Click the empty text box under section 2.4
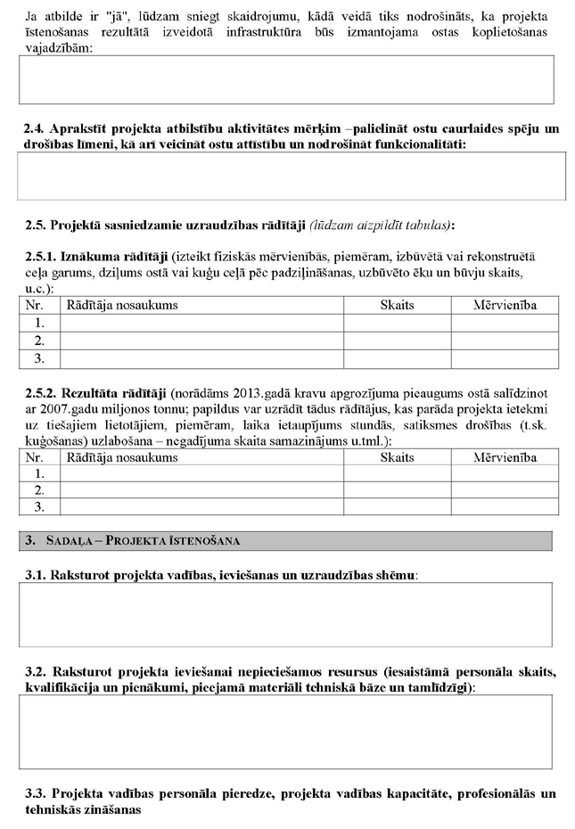(292, 176)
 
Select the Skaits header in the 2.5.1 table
(397, 306)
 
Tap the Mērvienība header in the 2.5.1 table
(505, 306)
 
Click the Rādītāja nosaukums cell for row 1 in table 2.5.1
(201, 323)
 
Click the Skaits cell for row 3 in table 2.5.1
(397, 358)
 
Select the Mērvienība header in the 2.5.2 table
(505, 457)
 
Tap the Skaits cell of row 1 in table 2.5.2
(397, 473)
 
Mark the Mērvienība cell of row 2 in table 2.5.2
(505, 490)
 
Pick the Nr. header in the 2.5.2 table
(36, 457)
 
